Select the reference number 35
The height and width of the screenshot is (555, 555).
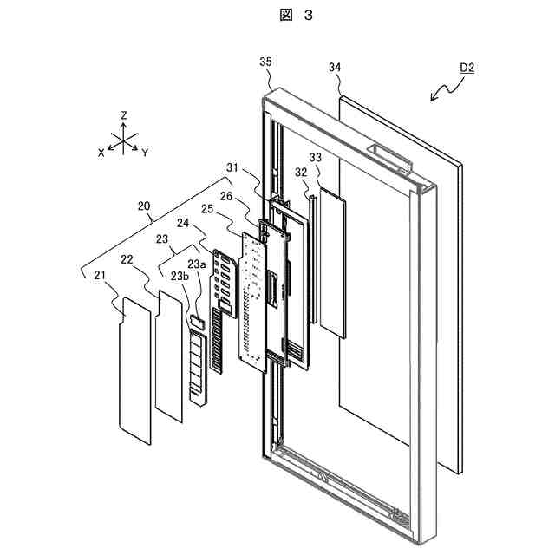pyautogui.click(x=266, y=61)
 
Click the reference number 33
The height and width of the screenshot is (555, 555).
pyautogui.click(x=315, y=157)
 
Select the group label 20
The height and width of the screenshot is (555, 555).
pyautogui.click(x=143, y=206)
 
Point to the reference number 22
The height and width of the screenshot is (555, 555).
pyautogui.click(x=128, y=259)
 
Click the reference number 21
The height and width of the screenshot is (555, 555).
pyautogui.click(x=102, y=275)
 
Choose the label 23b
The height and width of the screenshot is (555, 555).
pyautogui.click(x=179, y=277)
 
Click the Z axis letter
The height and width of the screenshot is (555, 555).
pyautogui.click(x=125, y=114)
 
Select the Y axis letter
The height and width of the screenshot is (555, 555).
pyautogui.click(x=145, y=152)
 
